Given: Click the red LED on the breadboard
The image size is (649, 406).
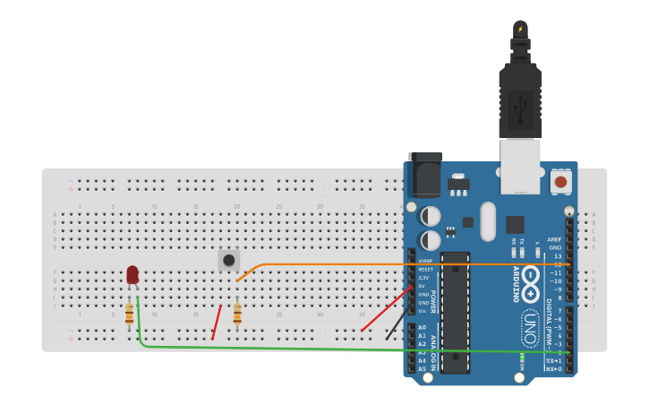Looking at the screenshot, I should [132, 274].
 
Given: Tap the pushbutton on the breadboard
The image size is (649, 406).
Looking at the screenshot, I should [229, 260].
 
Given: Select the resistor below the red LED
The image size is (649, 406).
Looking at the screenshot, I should [130, 313].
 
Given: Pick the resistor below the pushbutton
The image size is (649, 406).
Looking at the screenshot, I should [237, 312].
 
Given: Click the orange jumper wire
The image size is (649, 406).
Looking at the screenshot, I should [358, 264].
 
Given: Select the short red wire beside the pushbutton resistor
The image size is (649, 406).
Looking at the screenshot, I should [217, 322].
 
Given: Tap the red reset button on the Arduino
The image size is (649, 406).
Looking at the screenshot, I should [561, 182].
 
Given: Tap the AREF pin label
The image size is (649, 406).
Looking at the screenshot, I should [555, 239].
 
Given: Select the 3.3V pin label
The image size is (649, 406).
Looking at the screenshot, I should [423, 278].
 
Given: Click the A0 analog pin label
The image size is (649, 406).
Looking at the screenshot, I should [423, 327].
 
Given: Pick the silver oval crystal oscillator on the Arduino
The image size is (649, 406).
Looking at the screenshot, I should [488, 220].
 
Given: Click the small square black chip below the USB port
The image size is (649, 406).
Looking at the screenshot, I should [515, 224].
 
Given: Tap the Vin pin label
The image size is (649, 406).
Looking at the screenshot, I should [423, 310].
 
